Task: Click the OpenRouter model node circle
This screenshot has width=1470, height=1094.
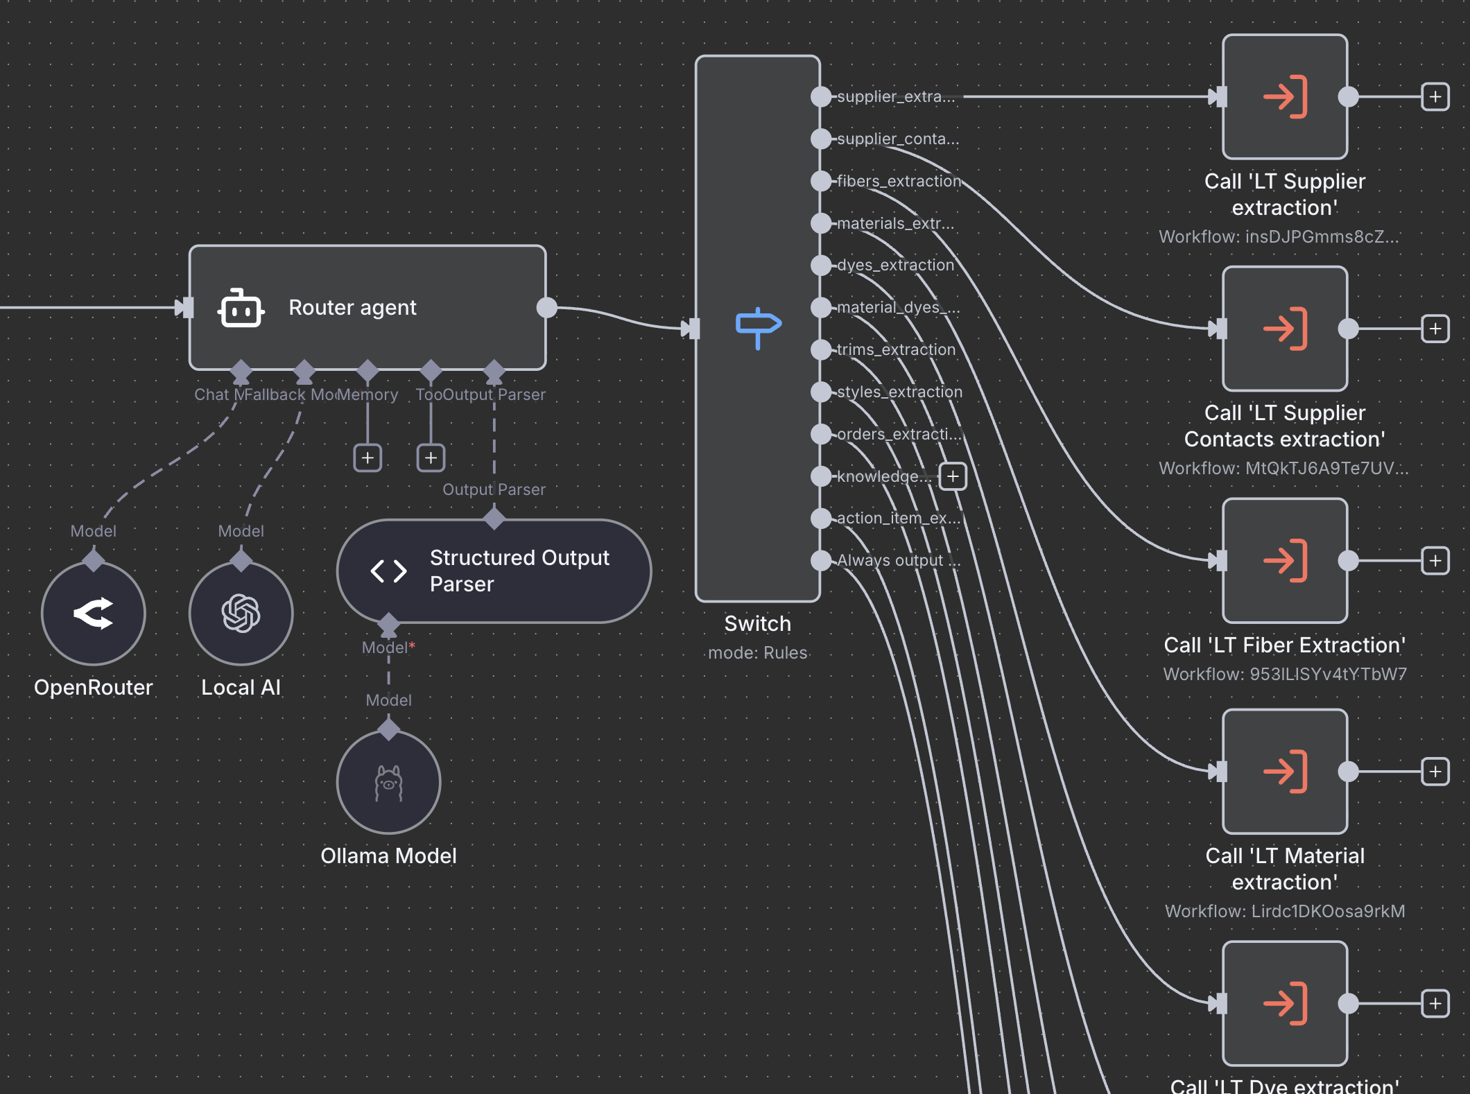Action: coord(94,614)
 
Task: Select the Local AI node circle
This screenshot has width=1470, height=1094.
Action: coord(241,614)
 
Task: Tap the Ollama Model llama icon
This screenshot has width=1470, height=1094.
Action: coord(388,783)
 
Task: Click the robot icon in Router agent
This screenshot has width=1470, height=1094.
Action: coord(241,308)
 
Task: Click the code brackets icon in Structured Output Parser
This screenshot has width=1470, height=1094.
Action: coord(388,571)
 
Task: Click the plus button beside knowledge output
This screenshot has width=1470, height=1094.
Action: coord(953,476)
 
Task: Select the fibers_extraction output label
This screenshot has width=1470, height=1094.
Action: coord(899,181)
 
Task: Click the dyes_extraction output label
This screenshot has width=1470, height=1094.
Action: coord(895,265)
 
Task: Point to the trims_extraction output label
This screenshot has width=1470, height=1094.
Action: coord(896,349)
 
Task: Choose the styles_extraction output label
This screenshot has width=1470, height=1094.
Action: coord(899,392)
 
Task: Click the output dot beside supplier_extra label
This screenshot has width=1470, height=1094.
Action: coord(821,97)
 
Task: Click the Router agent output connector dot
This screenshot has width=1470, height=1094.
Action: coord(547,307)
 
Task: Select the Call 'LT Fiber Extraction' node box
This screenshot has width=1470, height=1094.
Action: coord(1285,560)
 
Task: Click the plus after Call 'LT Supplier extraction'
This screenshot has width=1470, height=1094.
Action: coord(1435,97)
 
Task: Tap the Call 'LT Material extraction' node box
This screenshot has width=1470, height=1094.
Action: coord(1285,771)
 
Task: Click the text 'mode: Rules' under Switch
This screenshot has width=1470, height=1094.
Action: coord(757,652)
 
